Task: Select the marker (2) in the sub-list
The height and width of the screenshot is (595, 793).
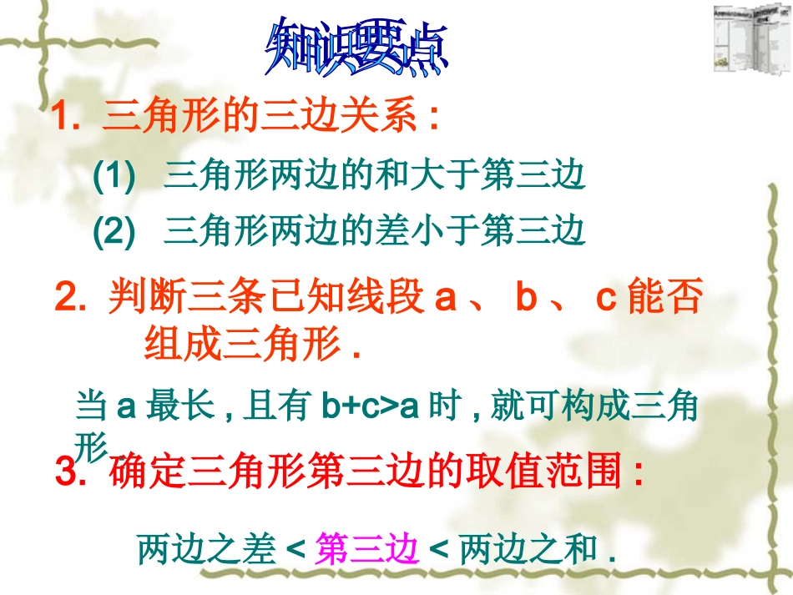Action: (114, 231)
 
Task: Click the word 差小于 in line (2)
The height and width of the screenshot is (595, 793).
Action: (428, 231)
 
